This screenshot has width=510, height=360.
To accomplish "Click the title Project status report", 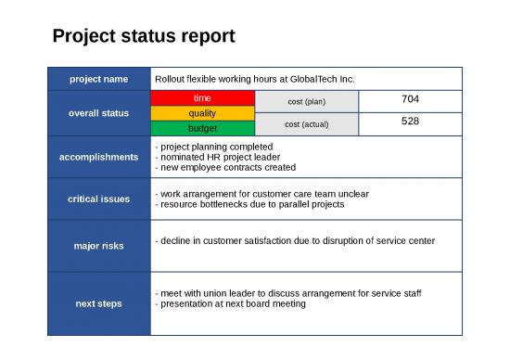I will coord(144,36).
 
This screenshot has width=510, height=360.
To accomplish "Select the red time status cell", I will coord(201,97).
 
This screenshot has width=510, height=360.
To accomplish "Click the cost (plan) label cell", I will coord(306,101).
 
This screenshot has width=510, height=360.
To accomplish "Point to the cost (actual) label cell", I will coord(306,123).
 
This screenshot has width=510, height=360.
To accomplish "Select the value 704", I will coord(410,99).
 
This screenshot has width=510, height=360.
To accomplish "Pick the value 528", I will coord(410,122).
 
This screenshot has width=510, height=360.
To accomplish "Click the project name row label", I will coord(99,79).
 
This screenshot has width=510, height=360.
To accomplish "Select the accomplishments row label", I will coord(99,157).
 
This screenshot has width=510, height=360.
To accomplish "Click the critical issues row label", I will coord(99,199).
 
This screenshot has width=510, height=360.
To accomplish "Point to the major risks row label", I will coord(99,246).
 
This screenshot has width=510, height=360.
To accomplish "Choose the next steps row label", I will coord(99,303).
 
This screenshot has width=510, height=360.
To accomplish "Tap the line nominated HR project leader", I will coord(217,157).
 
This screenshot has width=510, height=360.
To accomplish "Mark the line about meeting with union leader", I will coord(288,293).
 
